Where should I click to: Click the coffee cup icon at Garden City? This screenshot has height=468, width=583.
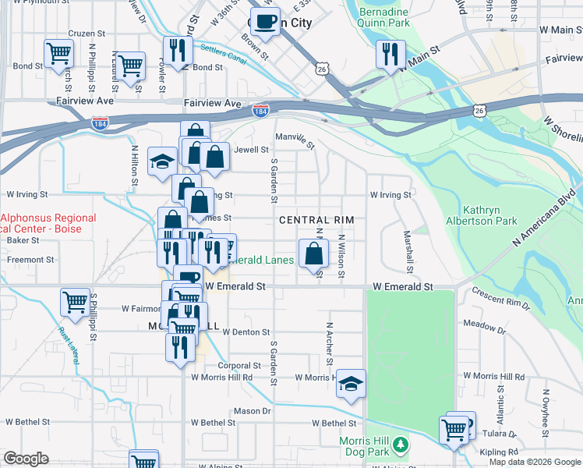point(265,21)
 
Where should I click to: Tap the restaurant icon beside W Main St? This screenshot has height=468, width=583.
point(387,54)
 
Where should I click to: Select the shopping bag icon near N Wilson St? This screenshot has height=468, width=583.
point(313,254)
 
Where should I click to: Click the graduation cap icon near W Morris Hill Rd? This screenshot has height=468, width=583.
point(351,384)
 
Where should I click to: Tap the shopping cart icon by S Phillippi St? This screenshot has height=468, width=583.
point(75,302)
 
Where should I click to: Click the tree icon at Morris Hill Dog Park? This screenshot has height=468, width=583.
point(401,445)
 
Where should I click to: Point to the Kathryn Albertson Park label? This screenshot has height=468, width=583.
point(490,215)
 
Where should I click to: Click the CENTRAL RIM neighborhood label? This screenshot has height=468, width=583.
point(316,221)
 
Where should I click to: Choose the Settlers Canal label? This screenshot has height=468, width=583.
point(223,55)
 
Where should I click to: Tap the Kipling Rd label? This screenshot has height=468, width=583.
point(500,452)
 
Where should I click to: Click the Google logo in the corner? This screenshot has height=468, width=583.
point(26,459)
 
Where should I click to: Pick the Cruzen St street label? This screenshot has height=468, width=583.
point(87,34)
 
